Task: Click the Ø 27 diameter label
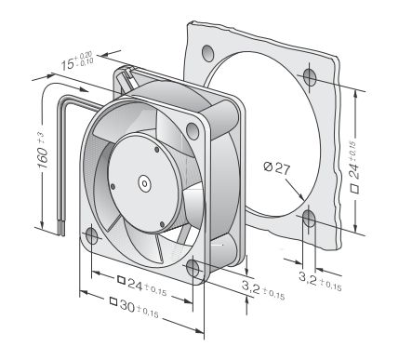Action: pyautogui.click(x=277, y=168)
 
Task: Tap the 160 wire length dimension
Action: pyautogui.click(x=43, y=152)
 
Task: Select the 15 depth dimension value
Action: pyautogui.click(x=76, y=61)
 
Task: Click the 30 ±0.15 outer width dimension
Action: pyautogui.click(x=140, y=308)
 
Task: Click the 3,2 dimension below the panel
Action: pyautogui.click(x=320, y=280)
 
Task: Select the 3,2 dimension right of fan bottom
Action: pyautogui.click(x=263, y=290)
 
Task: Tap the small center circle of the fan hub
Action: pyautogui.click(x=144, y=183)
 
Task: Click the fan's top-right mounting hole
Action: pyautogui.click(x=193, y=130)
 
